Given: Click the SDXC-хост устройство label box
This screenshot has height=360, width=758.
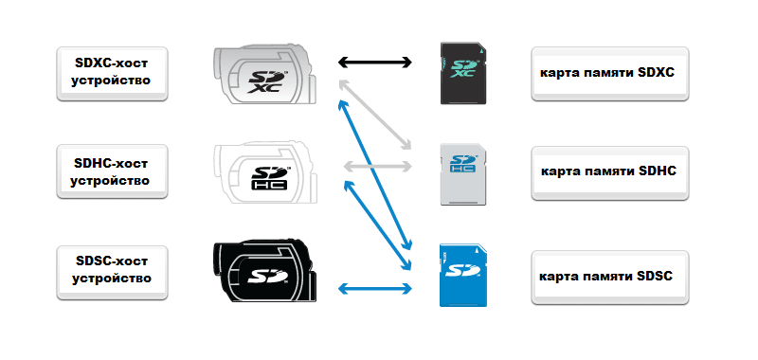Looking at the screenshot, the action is [x=112, y=74].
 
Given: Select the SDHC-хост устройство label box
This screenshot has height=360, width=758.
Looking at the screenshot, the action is [x=112, y=171].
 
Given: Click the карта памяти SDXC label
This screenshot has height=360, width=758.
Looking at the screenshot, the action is [x=610, y=74].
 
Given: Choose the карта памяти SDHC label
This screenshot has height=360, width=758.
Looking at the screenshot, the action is [x=610, y=173].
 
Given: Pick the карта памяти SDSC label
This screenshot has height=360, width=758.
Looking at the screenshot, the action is [x=610, y=278].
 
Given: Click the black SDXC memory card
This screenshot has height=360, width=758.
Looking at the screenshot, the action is [x=463, y=73].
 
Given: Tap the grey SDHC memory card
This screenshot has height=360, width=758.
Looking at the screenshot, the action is [x=463, y=174].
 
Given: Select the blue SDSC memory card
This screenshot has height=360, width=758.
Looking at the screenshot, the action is [x=463, y=276].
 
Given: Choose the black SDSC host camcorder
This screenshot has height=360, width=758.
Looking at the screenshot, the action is [x=265, y=271].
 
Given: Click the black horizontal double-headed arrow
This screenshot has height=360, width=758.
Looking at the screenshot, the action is [x=374, y=62].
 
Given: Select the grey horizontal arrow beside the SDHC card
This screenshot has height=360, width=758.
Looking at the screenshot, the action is [x=377, y=167].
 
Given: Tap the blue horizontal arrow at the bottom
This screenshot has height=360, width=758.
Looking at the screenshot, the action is [x=374, y=289].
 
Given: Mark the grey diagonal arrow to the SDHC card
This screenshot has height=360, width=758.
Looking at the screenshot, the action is [x=375, y=115].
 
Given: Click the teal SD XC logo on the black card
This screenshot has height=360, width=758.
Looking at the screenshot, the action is [x=464, y=68].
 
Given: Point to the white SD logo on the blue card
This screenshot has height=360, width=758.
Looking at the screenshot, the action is [x=462, y=271].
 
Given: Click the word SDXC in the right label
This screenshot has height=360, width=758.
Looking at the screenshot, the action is [x=656, y=73].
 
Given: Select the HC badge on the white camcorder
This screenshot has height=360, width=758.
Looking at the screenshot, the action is [x=270, y=184].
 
